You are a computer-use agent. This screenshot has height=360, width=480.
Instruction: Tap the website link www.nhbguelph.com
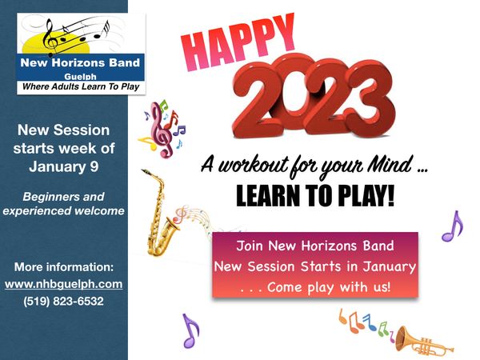64,284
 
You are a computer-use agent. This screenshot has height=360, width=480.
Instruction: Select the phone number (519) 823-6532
64,302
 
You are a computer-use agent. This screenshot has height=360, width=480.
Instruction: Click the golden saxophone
160,214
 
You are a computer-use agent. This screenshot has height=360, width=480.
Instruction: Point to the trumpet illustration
424,341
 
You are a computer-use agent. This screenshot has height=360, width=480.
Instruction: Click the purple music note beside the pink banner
452,226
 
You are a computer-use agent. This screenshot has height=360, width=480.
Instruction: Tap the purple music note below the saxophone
190,330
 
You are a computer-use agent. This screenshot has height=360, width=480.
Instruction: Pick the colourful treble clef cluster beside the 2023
162,129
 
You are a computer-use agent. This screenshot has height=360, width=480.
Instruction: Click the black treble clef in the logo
50,38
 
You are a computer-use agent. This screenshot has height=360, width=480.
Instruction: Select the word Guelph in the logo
81,77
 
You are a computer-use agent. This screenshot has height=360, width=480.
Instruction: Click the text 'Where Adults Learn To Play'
81,86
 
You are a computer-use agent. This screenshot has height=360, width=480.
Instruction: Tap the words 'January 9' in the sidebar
64,166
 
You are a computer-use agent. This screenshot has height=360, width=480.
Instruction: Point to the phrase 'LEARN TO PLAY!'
315,196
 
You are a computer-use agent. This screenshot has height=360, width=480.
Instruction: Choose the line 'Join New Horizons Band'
315,246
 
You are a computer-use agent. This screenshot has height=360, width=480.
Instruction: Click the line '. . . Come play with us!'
315,287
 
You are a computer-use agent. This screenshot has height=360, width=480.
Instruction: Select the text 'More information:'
64,267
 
